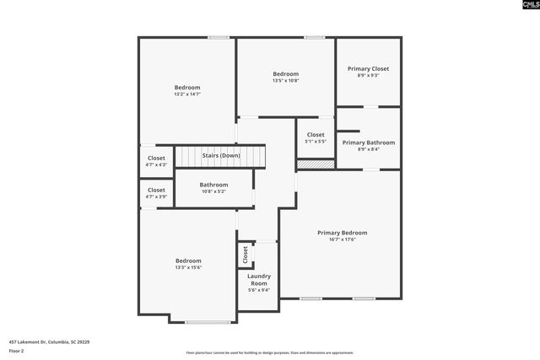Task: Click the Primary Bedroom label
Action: [342, 233]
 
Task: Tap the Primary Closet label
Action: [369, 68]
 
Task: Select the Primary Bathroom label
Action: [369, 142]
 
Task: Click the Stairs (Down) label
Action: [220, 155]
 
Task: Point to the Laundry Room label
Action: [258, 280]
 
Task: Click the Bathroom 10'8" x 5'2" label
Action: [213, 185]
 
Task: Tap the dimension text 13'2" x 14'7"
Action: [187, 94]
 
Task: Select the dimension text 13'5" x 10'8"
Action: [285, 81]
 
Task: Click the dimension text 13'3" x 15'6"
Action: [188, 267]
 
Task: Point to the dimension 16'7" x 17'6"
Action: [342, 239]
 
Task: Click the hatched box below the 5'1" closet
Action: [316, 164]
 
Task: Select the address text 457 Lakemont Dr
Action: [50, 342]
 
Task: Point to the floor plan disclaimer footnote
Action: [270, 353]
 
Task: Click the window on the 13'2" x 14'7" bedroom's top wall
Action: [219, 37]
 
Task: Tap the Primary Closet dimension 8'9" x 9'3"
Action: [369, 75]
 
